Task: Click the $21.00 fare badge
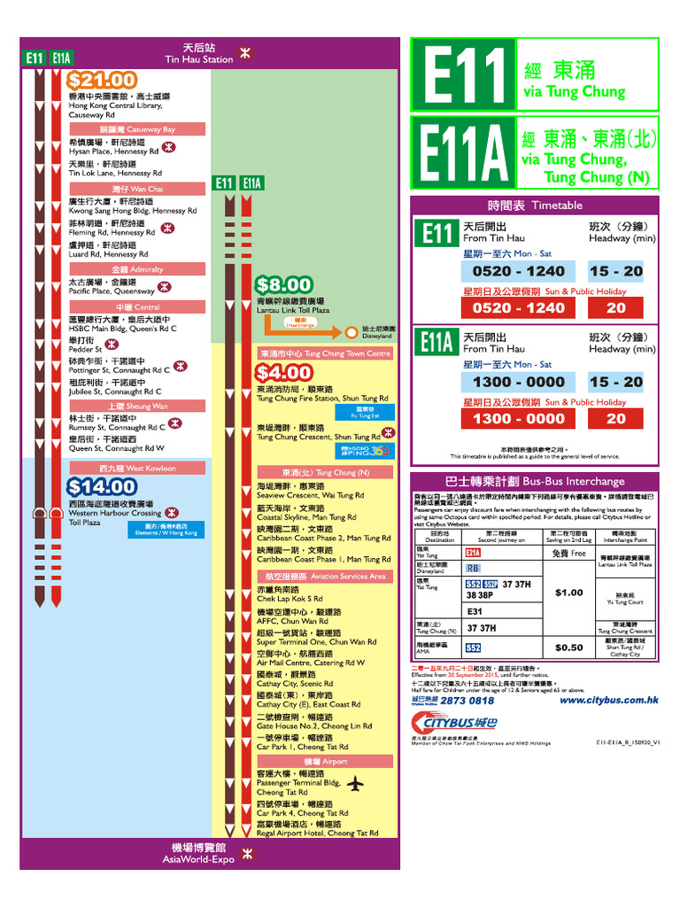pos(102,81)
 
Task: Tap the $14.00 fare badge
pos(102,486)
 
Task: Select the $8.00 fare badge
pos(283,285)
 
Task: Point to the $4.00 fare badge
pos(283,373)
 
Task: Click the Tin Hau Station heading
pos(199,53)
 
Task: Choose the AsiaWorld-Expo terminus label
pos(198,853)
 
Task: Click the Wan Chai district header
pos(137,189)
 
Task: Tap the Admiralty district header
pos(137,268)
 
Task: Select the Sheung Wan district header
pos(137,406)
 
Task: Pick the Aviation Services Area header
pos(324,576)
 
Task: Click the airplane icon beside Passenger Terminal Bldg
pos(355,784)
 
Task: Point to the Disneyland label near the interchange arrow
pos(377,332)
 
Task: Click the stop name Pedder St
pos(86,349)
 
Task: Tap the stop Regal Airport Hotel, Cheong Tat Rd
pos(317,833)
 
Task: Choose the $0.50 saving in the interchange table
pos(568,647)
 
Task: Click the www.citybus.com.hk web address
pos(608,700)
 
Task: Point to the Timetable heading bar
pos(535,205)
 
